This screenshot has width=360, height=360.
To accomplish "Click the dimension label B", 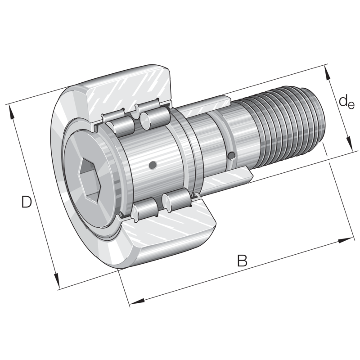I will tap(242, 260).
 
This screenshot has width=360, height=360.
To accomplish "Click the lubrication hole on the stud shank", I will tap(231, 156).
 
